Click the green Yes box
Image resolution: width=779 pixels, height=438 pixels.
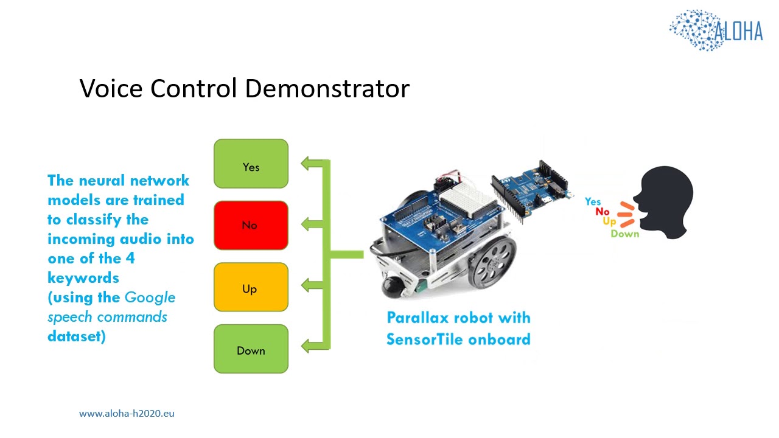tap(251, 164)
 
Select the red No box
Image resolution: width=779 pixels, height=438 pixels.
tap(251, 225)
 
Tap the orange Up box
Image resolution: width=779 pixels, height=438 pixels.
tap(251, 287)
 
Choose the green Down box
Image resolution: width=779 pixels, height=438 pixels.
tap(251, 349)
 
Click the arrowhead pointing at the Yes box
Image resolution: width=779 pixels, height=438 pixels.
tap(307, 164)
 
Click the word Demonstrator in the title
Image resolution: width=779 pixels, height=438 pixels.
tap(327, 89)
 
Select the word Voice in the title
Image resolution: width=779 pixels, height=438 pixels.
tap(111, 89)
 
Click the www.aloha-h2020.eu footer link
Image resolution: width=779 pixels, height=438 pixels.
tap(127, 413)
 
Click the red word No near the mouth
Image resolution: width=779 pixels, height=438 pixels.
tap(603, 212)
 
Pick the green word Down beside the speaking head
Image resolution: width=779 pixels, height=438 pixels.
tap(625, 234)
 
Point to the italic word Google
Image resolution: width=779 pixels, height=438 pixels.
tap(150, 297)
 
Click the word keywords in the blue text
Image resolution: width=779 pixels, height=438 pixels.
tap(83, 278)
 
